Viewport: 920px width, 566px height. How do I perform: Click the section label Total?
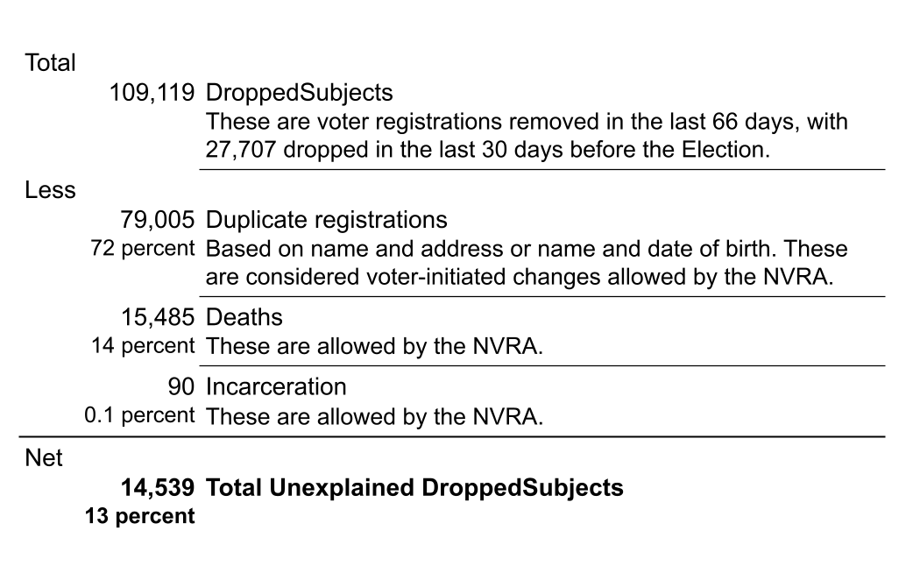(51, 63)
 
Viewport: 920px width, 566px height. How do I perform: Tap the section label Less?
(51, 190)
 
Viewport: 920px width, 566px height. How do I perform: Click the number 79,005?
(158, 219)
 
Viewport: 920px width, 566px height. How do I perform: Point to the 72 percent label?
(142, 248)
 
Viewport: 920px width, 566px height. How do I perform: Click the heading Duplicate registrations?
(326, 219)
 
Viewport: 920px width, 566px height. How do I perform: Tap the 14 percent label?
(142, 345)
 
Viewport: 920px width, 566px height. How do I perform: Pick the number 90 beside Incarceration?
(180, 386)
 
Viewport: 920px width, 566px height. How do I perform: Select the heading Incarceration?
(276, 386)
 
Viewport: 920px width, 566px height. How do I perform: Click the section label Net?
(44, 457)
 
